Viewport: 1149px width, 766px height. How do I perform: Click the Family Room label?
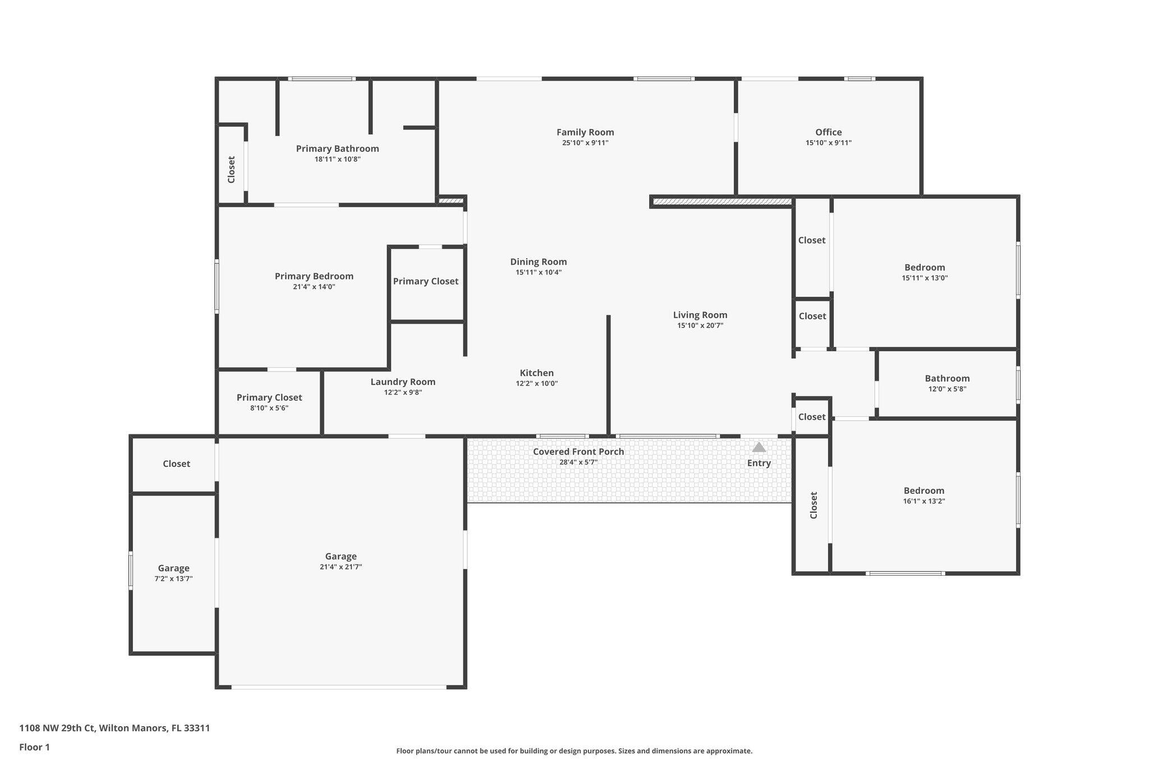coord(585,132)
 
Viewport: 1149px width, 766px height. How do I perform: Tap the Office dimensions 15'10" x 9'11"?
coord(828,143)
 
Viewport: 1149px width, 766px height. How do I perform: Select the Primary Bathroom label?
coord(337,149)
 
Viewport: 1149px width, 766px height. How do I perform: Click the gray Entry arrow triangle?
coord(759,447)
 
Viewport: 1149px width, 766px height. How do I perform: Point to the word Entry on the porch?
coord(759,463)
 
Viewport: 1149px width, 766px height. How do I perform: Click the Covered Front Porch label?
coord(578,452)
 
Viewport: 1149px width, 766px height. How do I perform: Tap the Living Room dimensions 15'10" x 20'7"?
coord(700,325)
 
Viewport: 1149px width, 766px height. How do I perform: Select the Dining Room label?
coord(538,262)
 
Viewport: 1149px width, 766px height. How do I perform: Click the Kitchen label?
coord(536,373)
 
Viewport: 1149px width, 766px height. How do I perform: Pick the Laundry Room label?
coord(402,382)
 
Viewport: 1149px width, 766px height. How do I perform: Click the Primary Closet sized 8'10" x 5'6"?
coord(269,397)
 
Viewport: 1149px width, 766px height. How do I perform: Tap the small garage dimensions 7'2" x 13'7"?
coord(173,579)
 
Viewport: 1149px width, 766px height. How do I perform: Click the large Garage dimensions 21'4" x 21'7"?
coord(341,567)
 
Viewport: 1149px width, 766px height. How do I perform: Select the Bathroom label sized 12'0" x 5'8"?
coord(947,378)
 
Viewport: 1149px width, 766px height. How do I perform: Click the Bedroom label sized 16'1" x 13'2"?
coord(923,490)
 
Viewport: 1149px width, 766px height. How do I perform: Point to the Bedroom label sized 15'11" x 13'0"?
coord(924,267)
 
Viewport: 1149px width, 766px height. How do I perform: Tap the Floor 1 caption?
coord(34,747)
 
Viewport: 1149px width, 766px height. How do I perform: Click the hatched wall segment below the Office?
coord(722,201)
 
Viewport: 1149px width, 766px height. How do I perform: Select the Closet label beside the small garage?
coord(176,464)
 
